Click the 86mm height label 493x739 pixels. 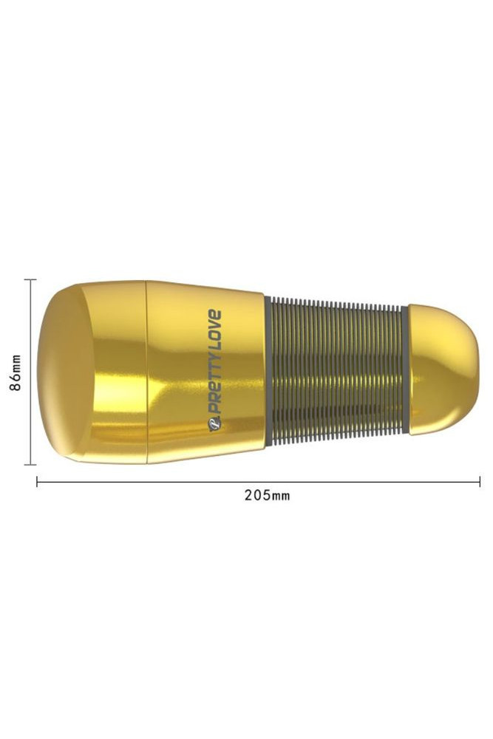[16, 372]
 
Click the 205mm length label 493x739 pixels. [268, 495]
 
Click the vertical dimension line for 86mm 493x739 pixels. [30, 372]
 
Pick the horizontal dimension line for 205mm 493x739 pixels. [258, 482]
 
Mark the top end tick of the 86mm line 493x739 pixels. [30, 279]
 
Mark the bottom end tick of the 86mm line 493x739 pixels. [30, 465]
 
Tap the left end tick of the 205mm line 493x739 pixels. [37, 482]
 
